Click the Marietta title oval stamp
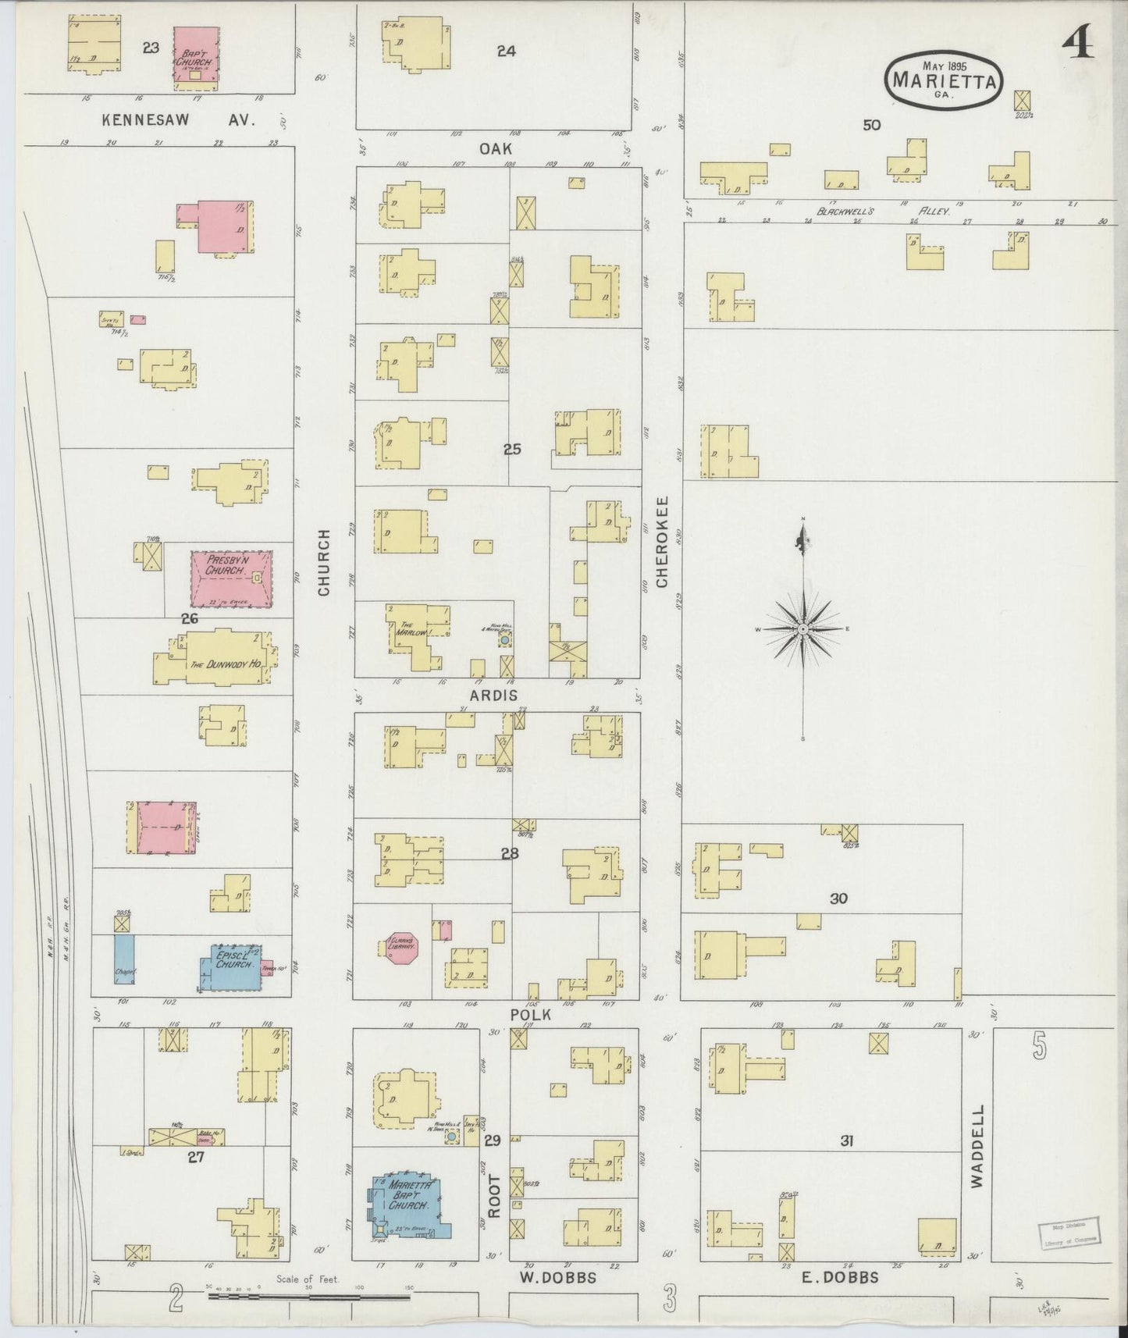(945, 78)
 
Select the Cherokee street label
(663, 542)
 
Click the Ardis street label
(493, 695)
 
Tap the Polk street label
(530, 1014)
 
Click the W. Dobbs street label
(557, 1278)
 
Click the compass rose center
(803, 628)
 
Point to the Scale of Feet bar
(308, 1297)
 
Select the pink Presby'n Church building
(231, 578)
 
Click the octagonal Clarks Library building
(403, 946)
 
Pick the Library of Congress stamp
(1069, 1233)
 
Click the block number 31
(846, 1141)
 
